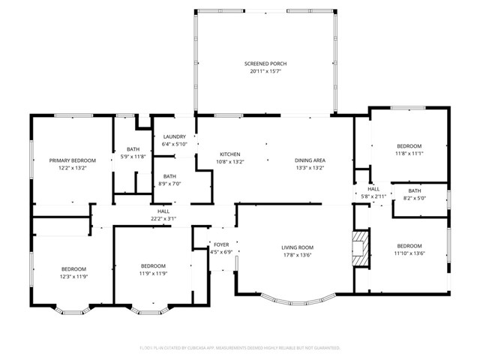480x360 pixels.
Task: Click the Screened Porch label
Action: [x=265, y=64]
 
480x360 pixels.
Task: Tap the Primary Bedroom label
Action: [x=73, y=160]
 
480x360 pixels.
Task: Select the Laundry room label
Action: [x=174, y=136]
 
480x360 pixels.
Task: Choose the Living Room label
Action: [x=297, y=247]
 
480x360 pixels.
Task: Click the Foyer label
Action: [x=221, y=244]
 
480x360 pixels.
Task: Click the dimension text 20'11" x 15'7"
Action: [x=265, y=73]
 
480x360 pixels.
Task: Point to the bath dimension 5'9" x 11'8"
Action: [x=133, y=157]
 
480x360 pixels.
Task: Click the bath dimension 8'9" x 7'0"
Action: [x=170, y=184]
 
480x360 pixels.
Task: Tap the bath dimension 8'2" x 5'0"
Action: [x=415, y=199]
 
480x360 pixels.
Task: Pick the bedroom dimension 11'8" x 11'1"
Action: [x=409, y=154]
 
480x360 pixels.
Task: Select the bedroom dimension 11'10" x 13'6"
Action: [x=409, y=253]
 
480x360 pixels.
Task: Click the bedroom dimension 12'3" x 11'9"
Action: [x=73, y=277]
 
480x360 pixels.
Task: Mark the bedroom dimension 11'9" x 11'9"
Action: [x=153, y=274]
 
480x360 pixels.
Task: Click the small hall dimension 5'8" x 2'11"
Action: [x=373, y=196]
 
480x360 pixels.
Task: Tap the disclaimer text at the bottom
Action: [x=240, y=348]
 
